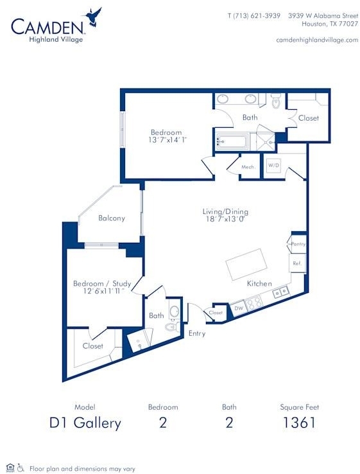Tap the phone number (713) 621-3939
click(x=257, y=15)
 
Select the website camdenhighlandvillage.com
click(x=317, y=40)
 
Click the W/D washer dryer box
click(x=274, y=166)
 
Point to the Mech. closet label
click(x=248, y=167)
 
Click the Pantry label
click(x=298, y=244)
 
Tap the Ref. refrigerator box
click(x=297, y=263)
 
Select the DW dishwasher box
click(x=239, y=308)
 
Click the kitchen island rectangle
click(x=247, y=265)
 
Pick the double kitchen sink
click(x=280, y=292)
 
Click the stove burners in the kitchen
click(x=253, y=303)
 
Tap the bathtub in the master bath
click(x=232, y=141)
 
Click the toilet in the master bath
click(x=276, y=100)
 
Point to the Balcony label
click(x=112, y=218)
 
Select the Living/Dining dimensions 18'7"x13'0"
click(x=225, y=219)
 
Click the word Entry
click(x=197, y=333)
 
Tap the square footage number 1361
click(x=299, y=423)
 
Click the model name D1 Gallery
click(x=85, y=423)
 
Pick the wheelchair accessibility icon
click(x=21, y=468)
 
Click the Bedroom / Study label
click(x=102, y=283)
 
